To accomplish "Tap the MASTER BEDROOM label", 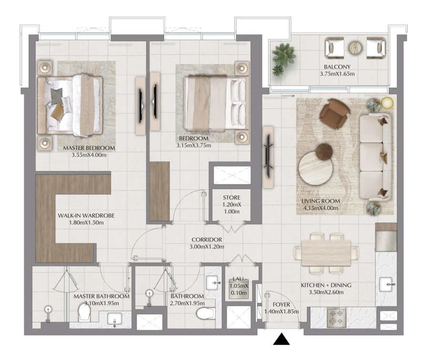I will pos(89,148).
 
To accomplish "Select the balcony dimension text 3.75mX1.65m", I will pos(337,74).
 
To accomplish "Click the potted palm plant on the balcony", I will pos(281,57).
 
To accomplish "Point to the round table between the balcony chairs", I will pos(355,48).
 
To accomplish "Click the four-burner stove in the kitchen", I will pos(337,318).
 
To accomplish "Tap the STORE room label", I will pos(232,198).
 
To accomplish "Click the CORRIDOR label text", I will pos(207,240).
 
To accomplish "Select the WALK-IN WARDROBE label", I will pos(86,215).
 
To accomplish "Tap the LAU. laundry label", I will pos(237,280).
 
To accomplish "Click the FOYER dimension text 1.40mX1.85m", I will pos(281,311).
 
